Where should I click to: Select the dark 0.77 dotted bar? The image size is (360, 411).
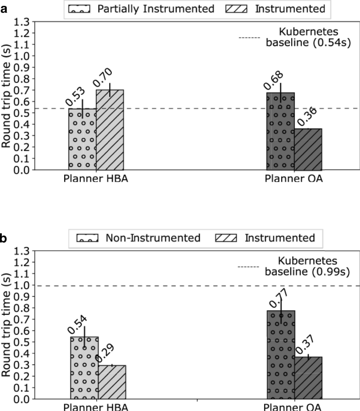pos(281,355)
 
